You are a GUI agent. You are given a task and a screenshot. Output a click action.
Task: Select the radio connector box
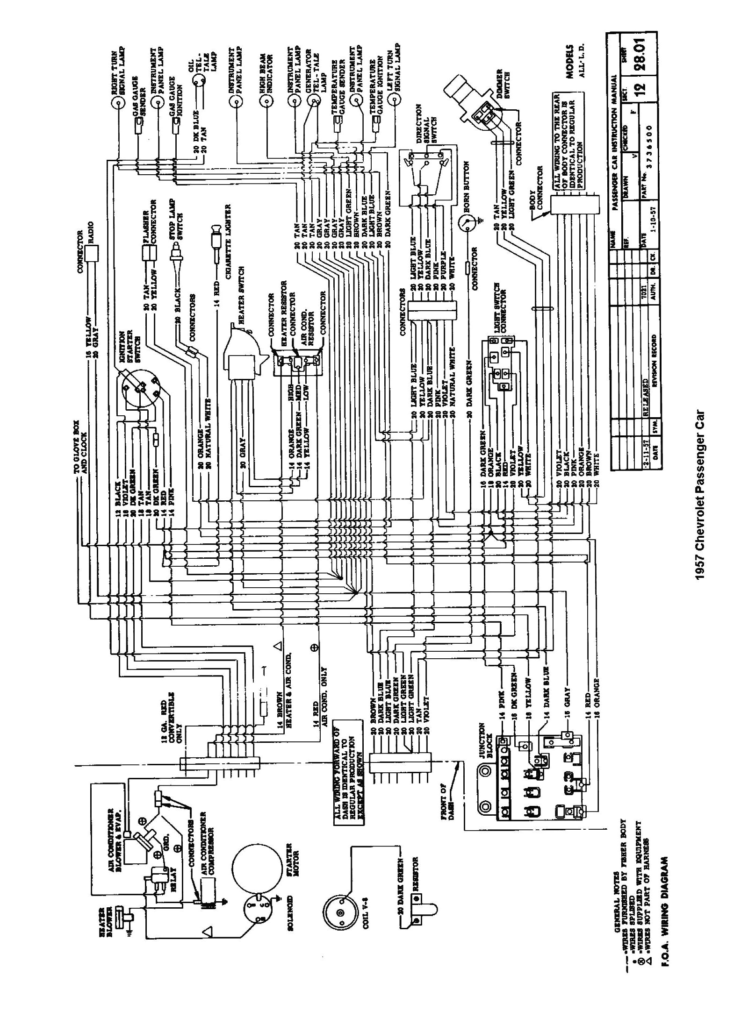point(90,253)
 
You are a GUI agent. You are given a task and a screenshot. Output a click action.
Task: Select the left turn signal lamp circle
point(397,100)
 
